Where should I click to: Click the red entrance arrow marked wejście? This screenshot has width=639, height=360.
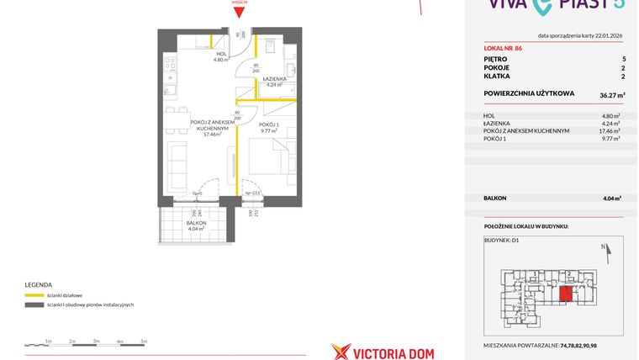tap(240, 12)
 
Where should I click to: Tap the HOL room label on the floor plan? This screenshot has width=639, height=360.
tap(221, 54)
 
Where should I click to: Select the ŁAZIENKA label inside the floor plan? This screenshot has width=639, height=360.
tap(276, 78)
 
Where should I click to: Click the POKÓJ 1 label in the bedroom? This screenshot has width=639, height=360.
tap(269, 125)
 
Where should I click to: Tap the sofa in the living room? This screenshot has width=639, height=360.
tap(178, 157)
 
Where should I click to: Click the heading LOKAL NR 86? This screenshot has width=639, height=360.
tap(504, 48)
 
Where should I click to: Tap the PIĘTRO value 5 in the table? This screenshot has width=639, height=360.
tap(623, 60)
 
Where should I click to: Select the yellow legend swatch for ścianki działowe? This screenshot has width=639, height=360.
tap(34, 294)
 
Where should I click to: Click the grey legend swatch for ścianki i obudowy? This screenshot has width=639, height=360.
tap(34, 304)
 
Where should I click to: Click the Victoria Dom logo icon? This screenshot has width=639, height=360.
tap(341, 351)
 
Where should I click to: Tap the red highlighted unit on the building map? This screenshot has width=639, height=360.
tap(568, 294)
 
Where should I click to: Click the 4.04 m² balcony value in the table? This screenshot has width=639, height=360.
tap(612, 199)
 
